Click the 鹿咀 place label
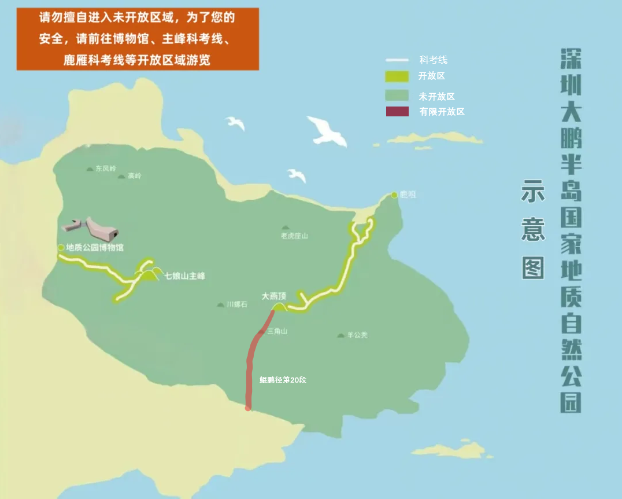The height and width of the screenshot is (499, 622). coord(408,195)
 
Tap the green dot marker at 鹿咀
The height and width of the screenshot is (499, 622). coord(394,195)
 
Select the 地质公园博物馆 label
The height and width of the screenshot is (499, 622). coord(95,248)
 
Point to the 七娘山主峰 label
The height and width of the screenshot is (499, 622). coord(185,276)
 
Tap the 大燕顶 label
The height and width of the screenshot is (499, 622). coord(274,296)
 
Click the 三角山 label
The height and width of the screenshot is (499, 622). coord(277,331)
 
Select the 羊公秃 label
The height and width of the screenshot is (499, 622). coord(357,335)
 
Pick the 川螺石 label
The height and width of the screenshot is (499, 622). coord(237,304)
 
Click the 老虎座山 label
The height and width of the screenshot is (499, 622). coord(294,236)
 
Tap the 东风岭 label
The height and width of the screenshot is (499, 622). coord(106,168)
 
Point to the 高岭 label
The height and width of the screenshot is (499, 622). coord(135,175)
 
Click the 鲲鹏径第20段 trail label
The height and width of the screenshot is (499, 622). coord(283,380)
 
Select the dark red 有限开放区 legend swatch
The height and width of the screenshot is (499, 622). coord(397,112)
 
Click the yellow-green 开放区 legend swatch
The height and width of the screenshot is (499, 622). coord(397,76)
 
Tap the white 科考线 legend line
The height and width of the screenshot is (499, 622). coord(397,60)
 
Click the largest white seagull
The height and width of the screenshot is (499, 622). coord(327,131)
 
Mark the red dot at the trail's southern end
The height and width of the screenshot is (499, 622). coord(248,408)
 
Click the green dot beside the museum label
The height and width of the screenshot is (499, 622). coord(61,247)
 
